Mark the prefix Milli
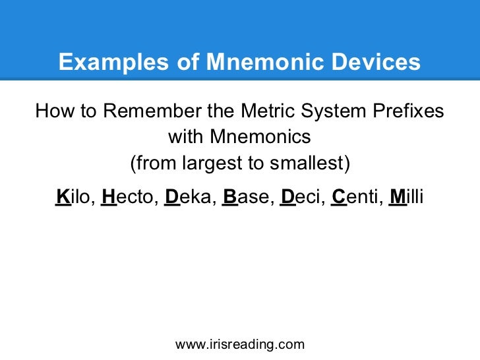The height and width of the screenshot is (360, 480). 407,196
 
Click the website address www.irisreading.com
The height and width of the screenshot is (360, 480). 240,344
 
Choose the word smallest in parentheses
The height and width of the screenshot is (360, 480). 309,163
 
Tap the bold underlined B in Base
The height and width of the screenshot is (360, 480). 229,196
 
